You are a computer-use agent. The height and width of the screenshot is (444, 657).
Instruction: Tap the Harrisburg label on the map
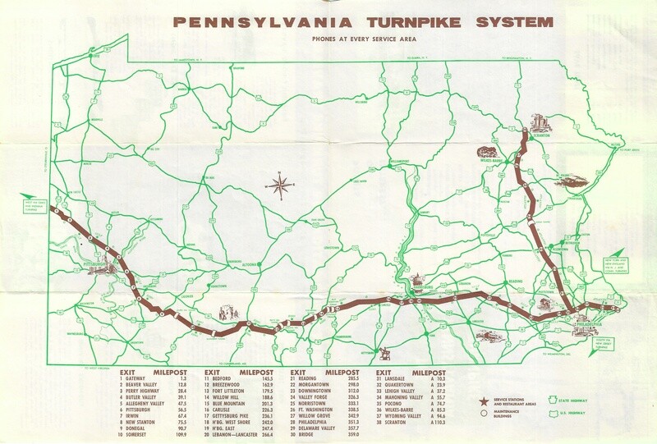[x=420, y=288]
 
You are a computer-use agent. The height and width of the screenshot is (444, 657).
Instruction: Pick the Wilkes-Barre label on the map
[x=498, y=162]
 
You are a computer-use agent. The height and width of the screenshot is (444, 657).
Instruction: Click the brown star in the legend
[x=484, y=401]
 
